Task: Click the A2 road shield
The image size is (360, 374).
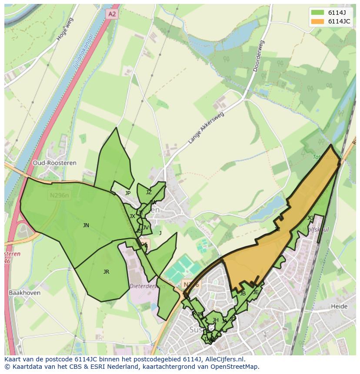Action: coord(112,14)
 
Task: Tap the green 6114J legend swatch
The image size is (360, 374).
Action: coord(317,13)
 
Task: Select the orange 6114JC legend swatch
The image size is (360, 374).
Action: coord(317,21)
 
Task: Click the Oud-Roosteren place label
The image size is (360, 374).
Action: coord(54,163)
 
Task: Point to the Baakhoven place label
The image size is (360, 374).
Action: coord(24,293)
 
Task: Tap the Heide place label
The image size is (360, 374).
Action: coord(339,306)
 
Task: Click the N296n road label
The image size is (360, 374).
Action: coord(59,195)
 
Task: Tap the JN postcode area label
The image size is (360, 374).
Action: coord(86,225)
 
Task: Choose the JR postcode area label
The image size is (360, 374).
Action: coord(106,271)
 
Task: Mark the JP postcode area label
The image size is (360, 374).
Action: coord(128,193)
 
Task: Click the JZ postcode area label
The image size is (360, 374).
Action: coord(149,192)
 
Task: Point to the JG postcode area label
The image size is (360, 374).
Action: coord(310,218)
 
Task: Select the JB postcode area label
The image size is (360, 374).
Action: coord(243,294)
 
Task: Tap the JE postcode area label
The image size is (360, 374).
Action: coord(256,292)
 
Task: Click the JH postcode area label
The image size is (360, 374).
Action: coord(215,320)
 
